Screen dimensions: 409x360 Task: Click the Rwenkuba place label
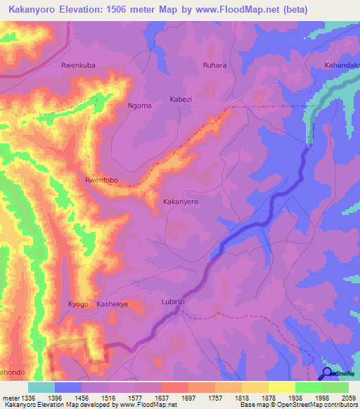click(x=78, y=65)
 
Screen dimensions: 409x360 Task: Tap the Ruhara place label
click(x=215, y=65)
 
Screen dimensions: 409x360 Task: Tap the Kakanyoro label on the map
click(x=181, y=201)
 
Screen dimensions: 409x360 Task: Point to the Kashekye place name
click(x=112, y=304)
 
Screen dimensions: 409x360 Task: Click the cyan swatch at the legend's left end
click(x=41, y=387)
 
